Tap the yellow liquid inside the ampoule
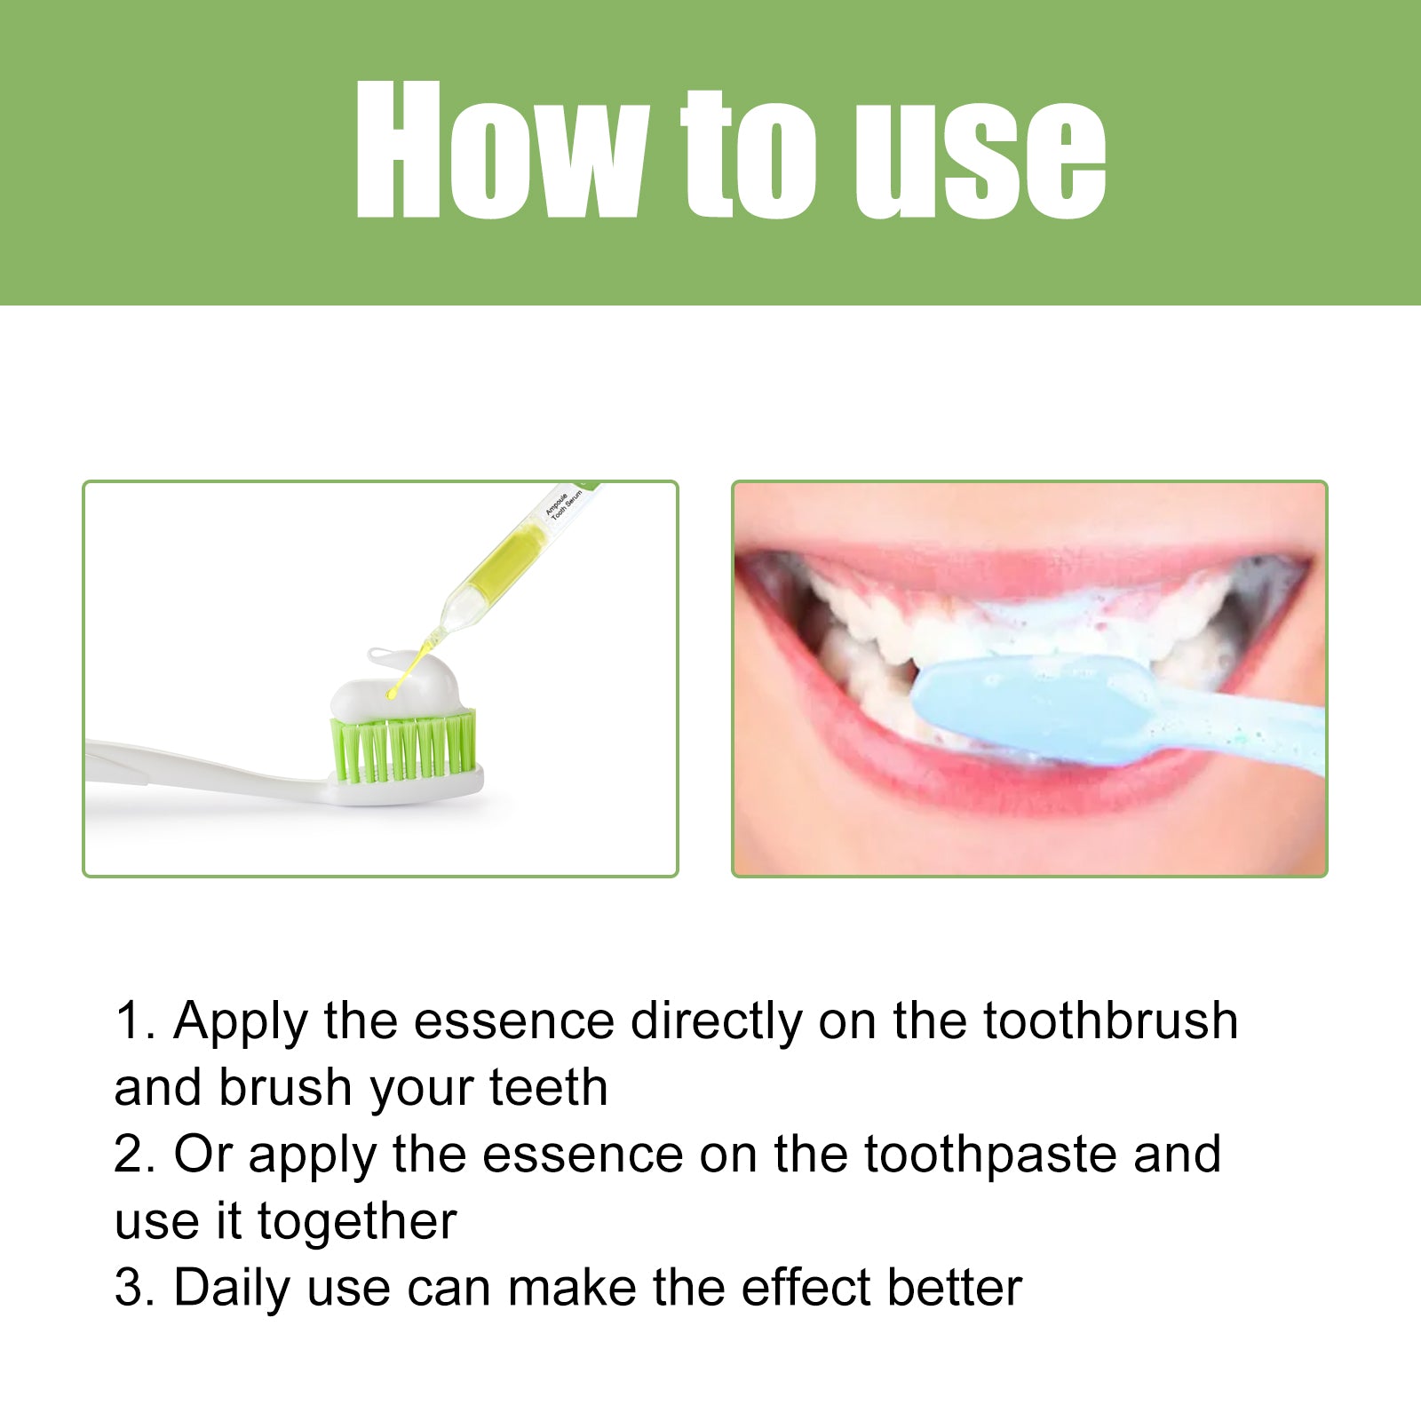506,559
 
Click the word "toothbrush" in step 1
1110,1020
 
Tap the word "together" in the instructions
357,1221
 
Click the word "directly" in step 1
716,1021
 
